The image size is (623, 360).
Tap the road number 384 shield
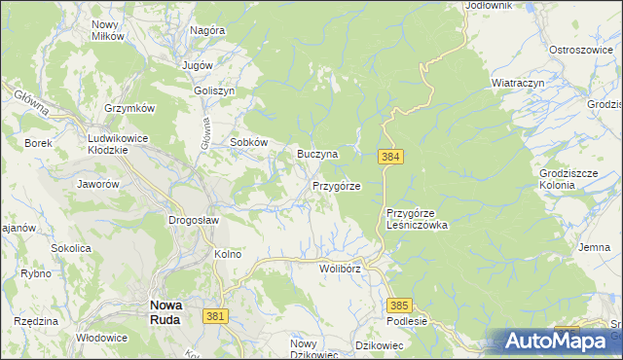click(x=389, y=156)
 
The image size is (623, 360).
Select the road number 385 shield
click(x=399, y=305)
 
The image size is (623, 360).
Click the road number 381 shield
click(x=216, y=316)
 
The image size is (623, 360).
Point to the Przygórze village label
click(x=337, y=185)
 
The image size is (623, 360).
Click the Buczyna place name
click(x=317, y=154)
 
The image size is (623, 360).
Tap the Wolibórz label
click(x=340, y=268)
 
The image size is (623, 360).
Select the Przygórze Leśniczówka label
click(x=416, y=219)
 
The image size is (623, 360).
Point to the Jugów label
click(x=198, y=64)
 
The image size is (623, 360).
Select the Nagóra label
click(x=207, y=30)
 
